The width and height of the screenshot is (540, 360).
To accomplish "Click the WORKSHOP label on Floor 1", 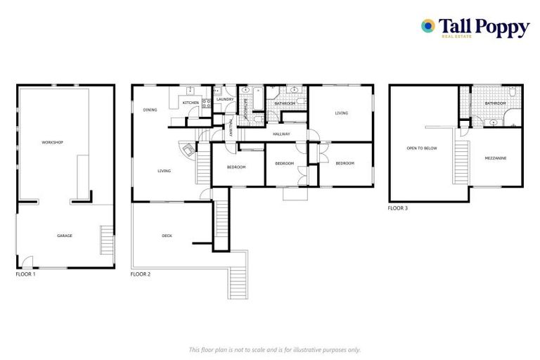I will (x=53, y=143).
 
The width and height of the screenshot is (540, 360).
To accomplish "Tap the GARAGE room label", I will (x=65, y=236).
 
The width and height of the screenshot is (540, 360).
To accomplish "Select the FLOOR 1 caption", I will (x=25, y=274).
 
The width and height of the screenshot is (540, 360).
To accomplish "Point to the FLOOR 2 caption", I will (x=141, y=274).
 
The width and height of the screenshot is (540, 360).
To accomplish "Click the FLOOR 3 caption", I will (x=397, y=209).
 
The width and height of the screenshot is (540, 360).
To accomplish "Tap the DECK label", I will (x=167, y=236).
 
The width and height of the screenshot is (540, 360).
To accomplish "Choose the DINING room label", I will (x=150, y=110).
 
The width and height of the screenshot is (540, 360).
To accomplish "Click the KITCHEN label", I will (x=191, y=103).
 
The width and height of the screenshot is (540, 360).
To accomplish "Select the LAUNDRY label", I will (x=225, y=100).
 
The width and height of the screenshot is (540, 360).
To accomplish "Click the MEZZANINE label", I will (x=496, y=157).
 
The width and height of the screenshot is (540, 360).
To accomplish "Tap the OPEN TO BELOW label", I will (x=422, y=148).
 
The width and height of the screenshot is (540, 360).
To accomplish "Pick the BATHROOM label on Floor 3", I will (x=495, y=104).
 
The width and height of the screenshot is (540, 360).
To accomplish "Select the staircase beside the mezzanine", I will (x=461, y=157).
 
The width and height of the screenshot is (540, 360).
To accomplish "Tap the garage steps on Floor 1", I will (x=107, y=240).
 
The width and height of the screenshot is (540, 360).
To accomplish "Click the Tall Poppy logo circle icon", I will (x=427, y=26).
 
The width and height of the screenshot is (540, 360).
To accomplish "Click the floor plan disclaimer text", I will (x=274, y=349).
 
